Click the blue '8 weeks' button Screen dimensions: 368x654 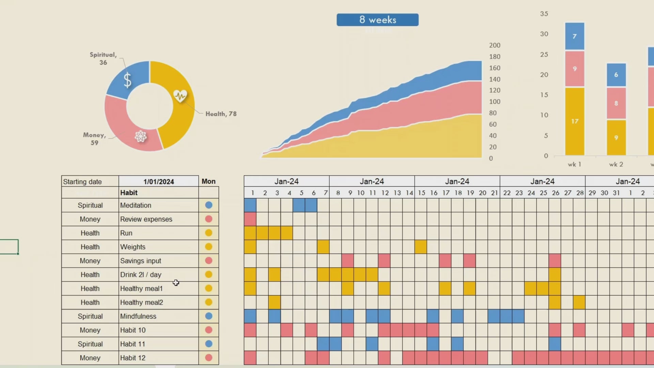coord(377,20)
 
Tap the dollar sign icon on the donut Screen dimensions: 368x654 coord(127,80)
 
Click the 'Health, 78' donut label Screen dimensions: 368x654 coord(221,114)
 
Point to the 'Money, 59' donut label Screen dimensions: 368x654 coord(94,139)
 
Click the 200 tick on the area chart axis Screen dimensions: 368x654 coord(495,45)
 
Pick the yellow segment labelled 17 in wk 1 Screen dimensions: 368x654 coord(575,121)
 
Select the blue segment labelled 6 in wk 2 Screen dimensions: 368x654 coord(616,75)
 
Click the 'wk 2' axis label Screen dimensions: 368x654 coord(616,164)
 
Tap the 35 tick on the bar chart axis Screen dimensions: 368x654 coord(544,14)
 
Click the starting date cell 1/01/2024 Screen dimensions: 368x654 coord(158,182)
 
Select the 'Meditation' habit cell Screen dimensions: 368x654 coord(158,205)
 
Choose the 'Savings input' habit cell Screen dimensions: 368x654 coord(158,261)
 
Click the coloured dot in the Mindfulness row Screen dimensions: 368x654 coord(209,316)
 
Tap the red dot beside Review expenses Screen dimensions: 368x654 coord(209,219)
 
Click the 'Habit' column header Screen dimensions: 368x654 coord(158,193)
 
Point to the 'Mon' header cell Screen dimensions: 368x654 coord(208,181)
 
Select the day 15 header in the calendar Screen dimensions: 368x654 coord(421,193)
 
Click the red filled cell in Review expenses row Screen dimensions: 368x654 coord(250,219)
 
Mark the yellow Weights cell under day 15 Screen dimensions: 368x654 coord(421,247)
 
